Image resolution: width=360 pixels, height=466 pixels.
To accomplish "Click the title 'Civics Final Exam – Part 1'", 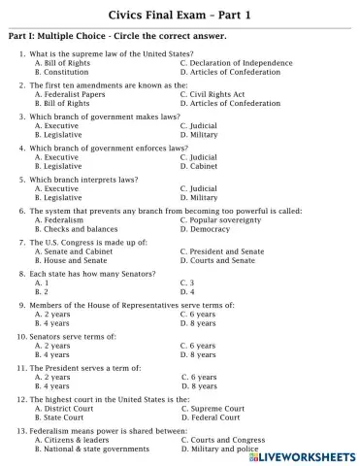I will pyautogui.click(x=180, y=13).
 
